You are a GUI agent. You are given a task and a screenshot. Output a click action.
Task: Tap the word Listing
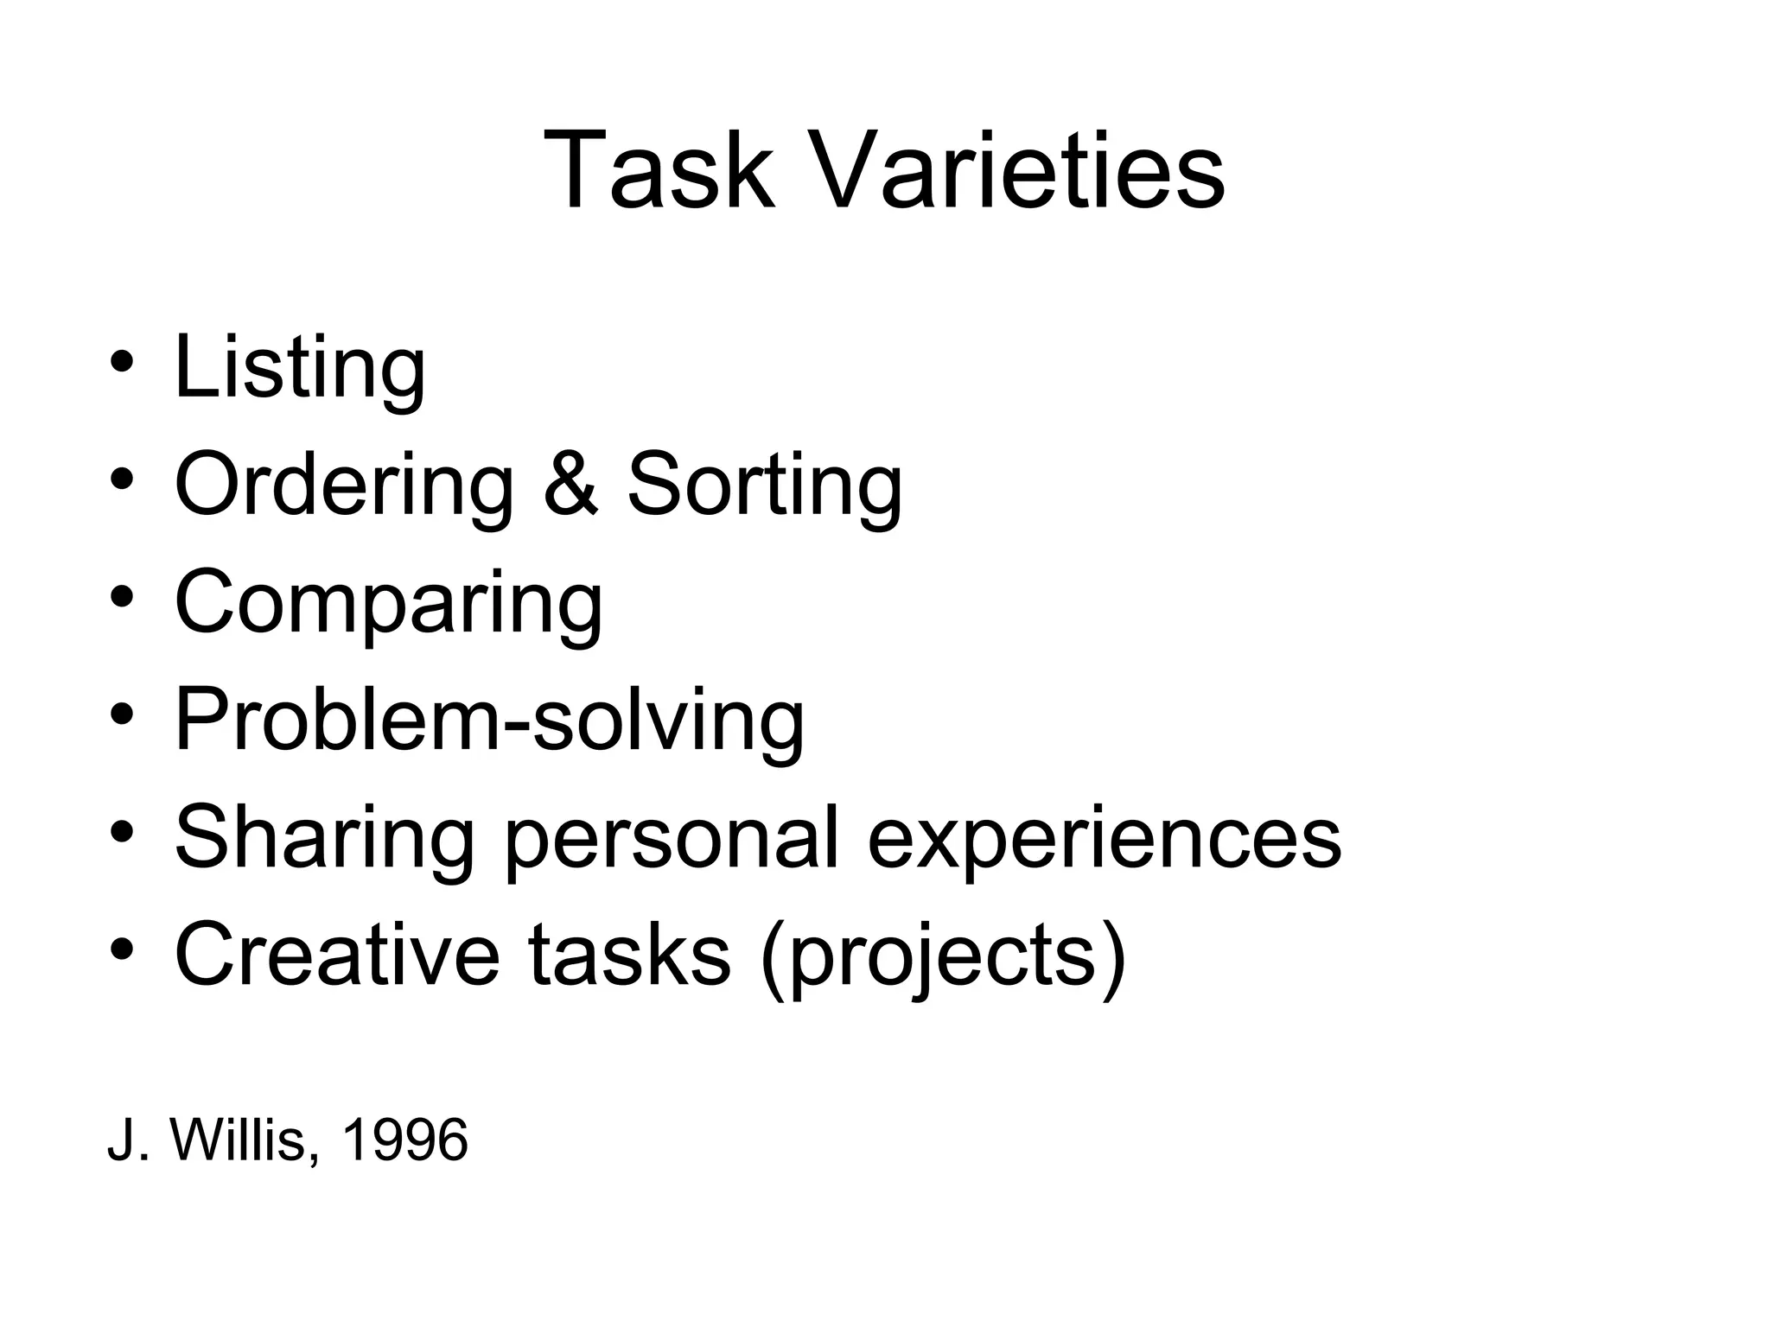click(299, 368)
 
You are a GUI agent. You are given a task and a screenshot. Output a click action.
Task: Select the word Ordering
click(344, 486)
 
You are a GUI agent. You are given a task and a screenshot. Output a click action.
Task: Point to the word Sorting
click(764, 486)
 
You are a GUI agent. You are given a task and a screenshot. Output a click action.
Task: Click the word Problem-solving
click(489, 721)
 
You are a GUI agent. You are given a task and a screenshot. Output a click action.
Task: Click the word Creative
click(337, 956)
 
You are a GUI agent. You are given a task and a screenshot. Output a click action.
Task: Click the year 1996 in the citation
click(405, 1140)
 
